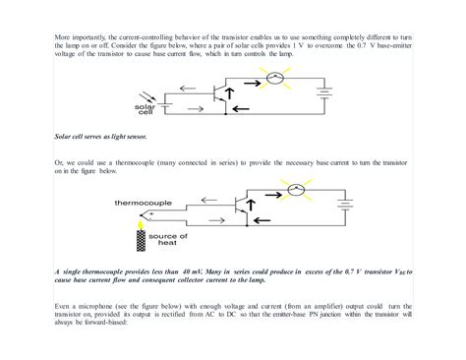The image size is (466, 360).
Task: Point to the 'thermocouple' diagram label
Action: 142,201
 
